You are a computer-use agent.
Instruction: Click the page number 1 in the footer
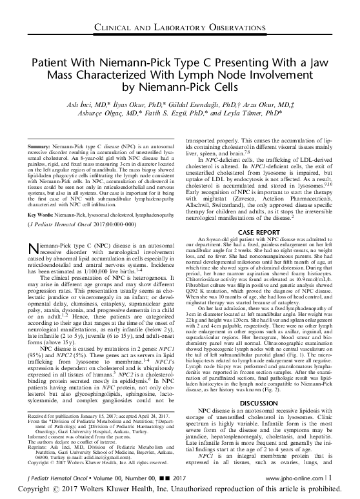[x=349, y=479]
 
